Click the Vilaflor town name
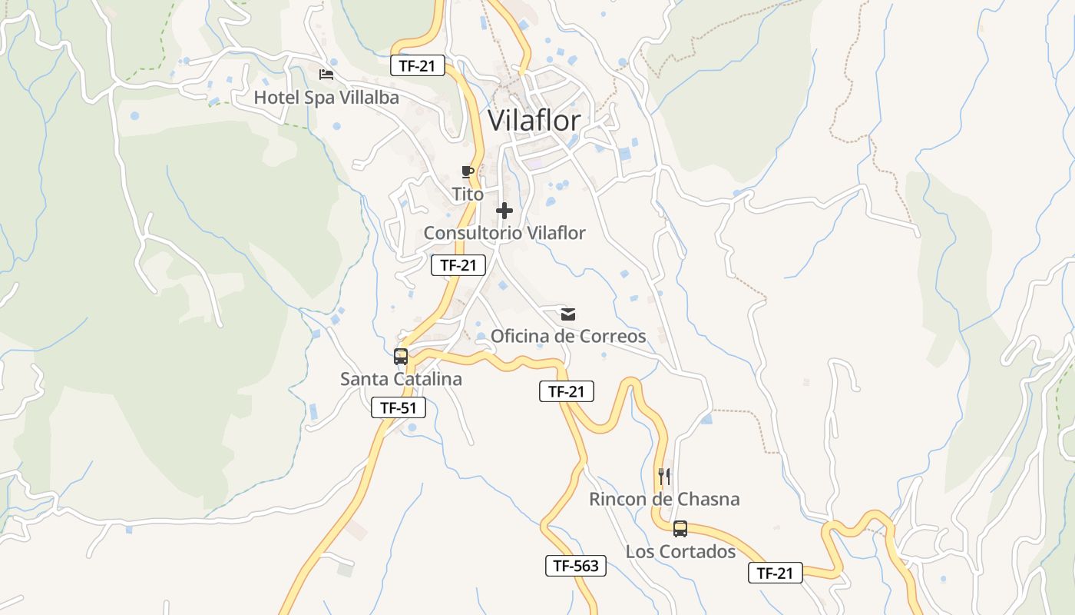(x=534, y=121)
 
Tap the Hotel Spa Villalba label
(x=326, y=98)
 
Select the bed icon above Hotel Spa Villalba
(x=326, y=75)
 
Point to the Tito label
(x=468, y=194)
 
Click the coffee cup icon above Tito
(x=468, y=171)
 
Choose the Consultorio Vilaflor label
(x=504, y=232)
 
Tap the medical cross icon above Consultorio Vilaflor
(x=504, y=211)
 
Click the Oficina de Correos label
(x=568, y=336)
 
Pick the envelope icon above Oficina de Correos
(x=568, y=314)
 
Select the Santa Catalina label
(x=401, y=379)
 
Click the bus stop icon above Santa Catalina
(x=401, y=357)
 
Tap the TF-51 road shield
(x=399, y=407)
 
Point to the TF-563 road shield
(x=576, y=567)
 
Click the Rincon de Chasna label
(x=664, y=499)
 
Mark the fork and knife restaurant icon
(x=664, y=477)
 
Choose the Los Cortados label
(x=680, y=551)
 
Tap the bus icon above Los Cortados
(x=680, y=529)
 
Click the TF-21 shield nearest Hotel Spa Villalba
(x=418, y=65)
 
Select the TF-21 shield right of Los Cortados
(x=775, y=573)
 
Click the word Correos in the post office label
(x=614, y=336)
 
